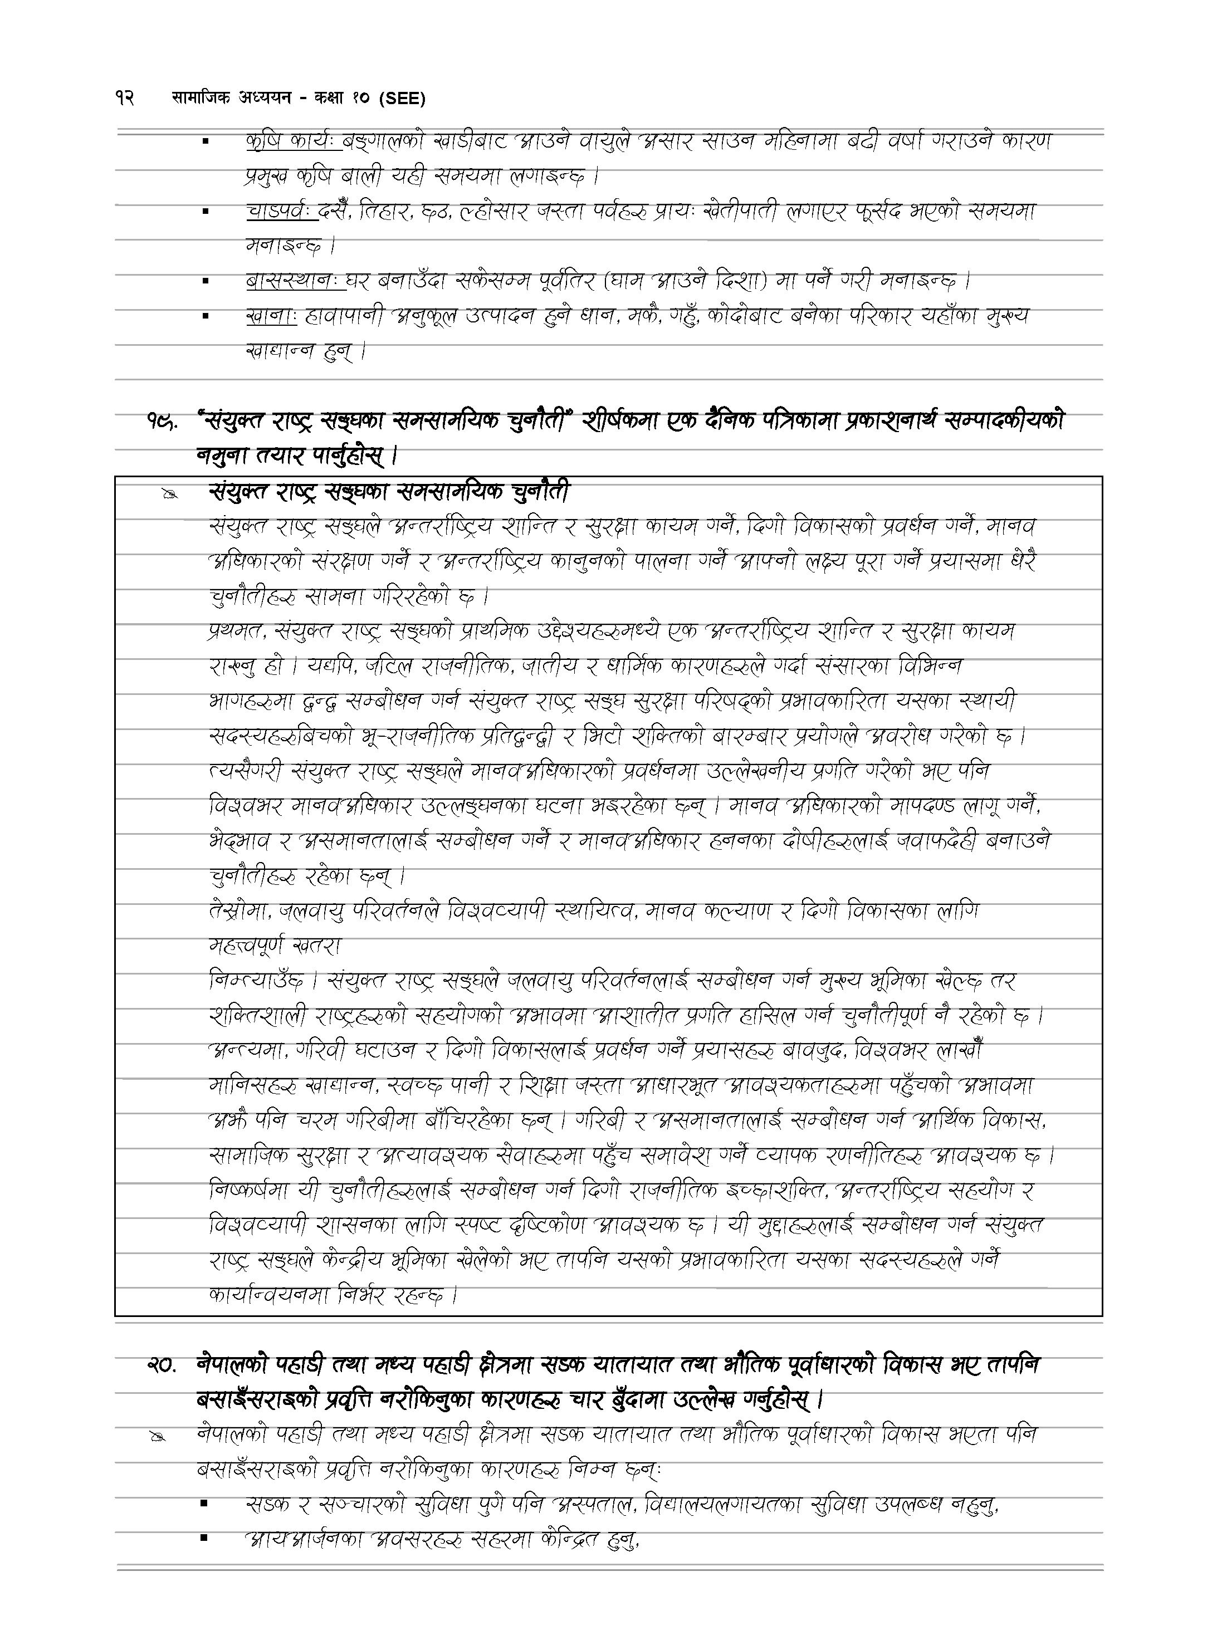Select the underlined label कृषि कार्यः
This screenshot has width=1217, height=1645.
tap(292, 141)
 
